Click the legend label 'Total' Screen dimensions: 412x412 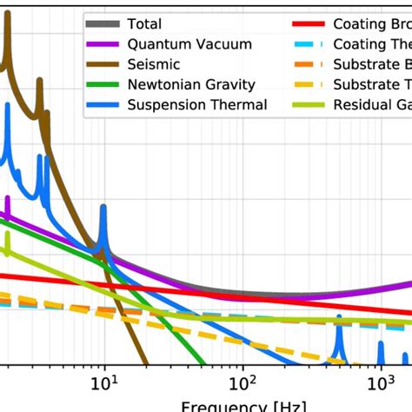(145, 23)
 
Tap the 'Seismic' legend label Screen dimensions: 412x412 (155, 64)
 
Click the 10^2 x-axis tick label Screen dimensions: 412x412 (243, 382)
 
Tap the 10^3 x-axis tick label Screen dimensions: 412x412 (380, 382)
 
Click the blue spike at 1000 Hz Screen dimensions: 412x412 (381, 348)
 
